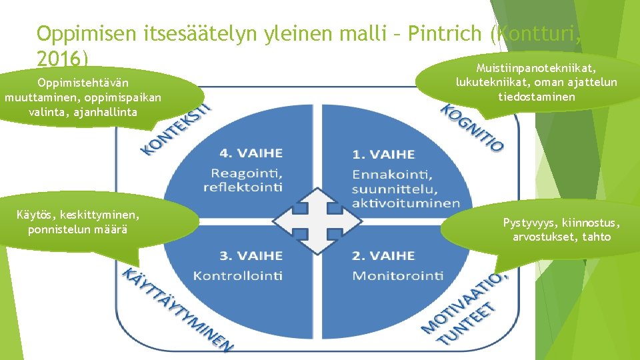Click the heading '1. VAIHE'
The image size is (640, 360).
[x=383, y=155]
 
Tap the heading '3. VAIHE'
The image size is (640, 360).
[x=251, y=255]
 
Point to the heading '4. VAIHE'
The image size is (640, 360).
[x=251, y=153]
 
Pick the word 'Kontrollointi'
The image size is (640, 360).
[x=237, y=275]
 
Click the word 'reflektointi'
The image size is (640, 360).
[x=243, y=187]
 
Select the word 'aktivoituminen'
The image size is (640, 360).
[x=407, y=203]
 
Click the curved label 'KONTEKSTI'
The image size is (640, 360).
[x=175, y=129]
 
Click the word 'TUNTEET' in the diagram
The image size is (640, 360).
[x=467, y=325]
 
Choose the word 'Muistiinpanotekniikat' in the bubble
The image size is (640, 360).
[x=536, y=68]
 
